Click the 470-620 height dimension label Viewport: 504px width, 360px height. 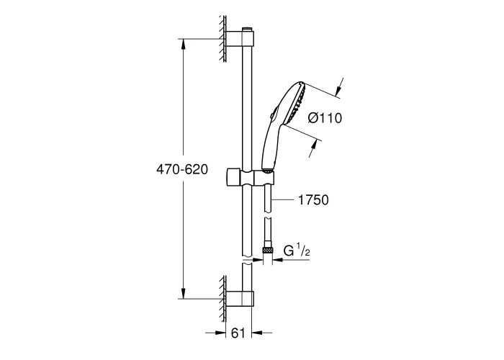coord(182,169)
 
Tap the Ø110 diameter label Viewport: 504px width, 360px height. coord(325,118)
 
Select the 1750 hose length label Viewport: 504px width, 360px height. coord(313,200)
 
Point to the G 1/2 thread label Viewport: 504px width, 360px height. coord(297,251)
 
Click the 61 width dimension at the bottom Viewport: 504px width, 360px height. coord(238,333)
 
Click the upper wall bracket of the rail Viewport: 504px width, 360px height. coord(240,39)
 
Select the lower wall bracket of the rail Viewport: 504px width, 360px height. coord(240,299)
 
